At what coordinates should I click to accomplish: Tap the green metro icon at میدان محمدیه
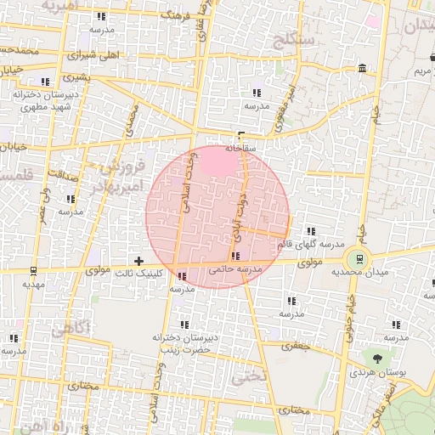click(359, 257)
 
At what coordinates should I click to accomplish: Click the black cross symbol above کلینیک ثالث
click(139, 260)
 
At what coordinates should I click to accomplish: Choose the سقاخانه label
click(241, 147)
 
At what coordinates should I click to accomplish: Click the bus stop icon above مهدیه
click(33, 271)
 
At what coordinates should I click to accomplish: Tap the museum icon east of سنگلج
click(363, 68)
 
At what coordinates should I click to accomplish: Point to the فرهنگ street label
click(175, 15)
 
